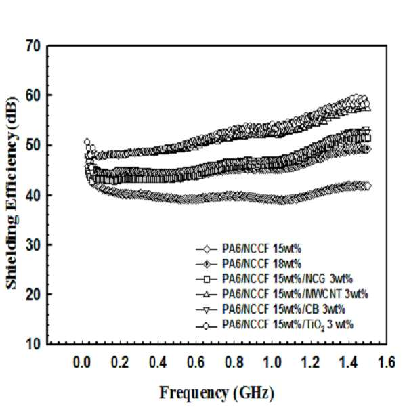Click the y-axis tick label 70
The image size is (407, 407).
[33, 47]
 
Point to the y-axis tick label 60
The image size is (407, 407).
[33, 95]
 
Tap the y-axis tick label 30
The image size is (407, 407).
[33, 244]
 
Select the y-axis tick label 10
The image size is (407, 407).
[33, 344]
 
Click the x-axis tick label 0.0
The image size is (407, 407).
[82, 362]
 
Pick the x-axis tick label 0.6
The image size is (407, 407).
[196, 362]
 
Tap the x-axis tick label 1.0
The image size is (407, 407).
[272, 362]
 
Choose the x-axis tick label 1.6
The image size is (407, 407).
[386, 362]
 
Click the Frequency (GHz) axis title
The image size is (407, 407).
[217, 393]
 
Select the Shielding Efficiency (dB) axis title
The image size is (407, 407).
[12, 193]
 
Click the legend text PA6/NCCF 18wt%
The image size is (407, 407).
[261, 264]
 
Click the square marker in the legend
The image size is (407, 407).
[207, 279]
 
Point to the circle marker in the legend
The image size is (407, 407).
[207, 326]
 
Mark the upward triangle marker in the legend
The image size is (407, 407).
[207, 295]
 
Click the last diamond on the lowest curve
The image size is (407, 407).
[368, 186]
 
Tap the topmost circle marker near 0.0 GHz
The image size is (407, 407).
[87, 142]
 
